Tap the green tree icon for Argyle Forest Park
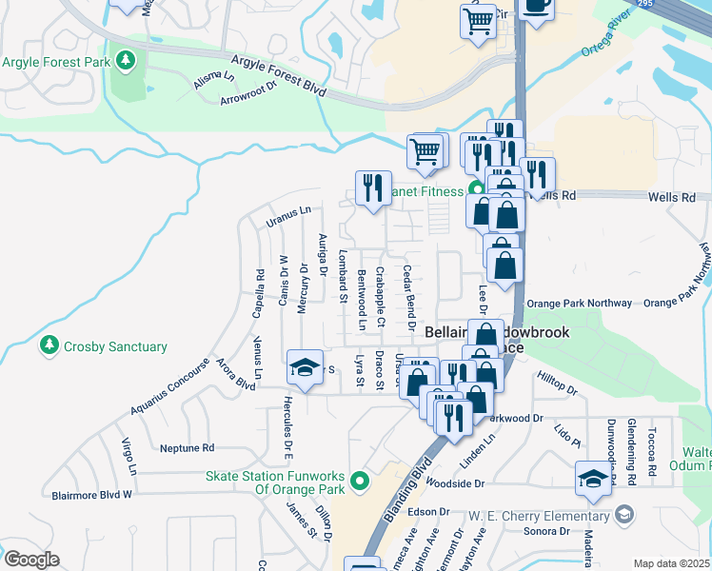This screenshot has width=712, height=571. tap(126, 62)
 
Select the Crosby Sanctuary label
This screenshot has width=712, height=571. tap(115, 347)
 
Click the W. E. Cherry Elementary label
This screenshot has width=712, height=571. tap(538, 516)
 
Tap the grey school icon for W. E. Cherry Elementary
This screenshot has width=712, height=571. tap(624, 516)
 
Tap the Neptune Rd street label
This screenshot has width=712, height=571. tap(188, 447)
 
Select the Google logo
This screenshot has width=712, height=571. tap(30, 560)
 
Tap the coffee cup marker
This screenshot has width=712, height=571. tap(538, 5)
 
